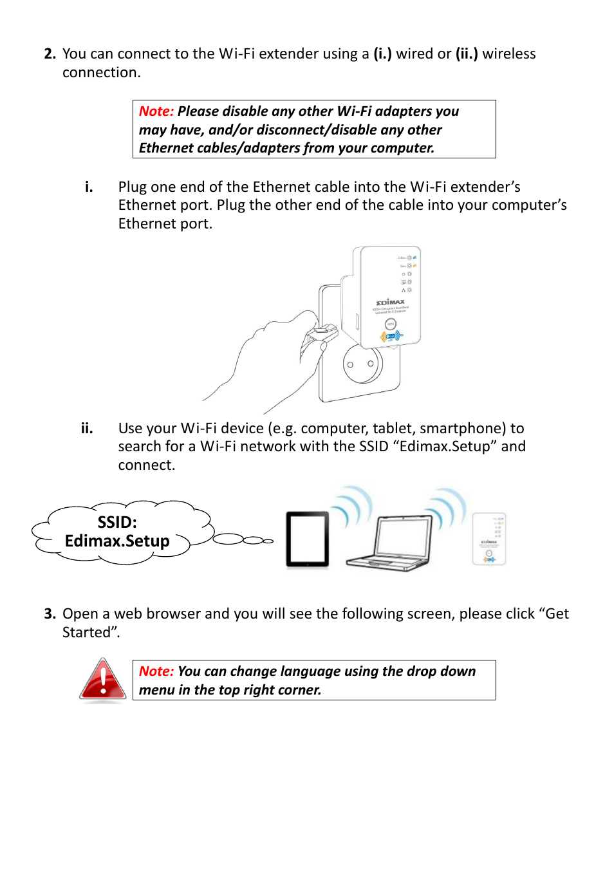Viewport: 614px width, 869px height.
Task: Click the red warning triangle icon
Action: (x=103, y=680)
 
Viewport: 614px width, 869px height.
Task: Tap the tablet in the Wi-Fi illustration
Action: (x=308, y=539)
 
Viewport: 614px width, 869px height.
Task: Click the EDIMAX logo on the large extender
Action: (x=391, y=302)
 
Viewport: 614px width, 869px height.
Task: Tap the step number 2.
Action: (x=50, y=54)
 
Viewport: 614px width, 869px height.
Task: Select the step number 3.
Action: (x=50, y=614)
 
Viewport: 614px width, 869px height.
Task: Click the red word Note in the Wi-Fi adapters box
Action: (x=156, y=111)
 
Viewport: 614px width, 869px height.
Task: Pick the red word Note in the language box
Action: (x=156, y=671)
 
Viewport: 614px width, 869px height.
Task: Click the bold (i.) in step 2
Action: (x=382, y=54)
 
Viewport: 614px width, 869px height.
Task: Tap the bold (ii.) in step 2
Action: (x=467, y=54)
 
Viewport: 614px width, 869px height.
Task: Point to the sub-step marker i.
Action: (x=89, y=187)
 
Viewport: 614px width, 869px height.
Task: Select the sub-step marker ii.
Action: (x=87, y=429)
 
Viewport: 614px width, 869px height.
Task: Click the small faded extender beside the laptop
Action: (x=489, y=539)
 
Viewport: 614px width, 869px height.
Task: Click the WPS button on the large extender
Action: (x=390, y=324)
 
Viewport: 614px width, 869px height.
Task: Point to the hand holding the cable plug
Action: (x=277, y=360)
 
